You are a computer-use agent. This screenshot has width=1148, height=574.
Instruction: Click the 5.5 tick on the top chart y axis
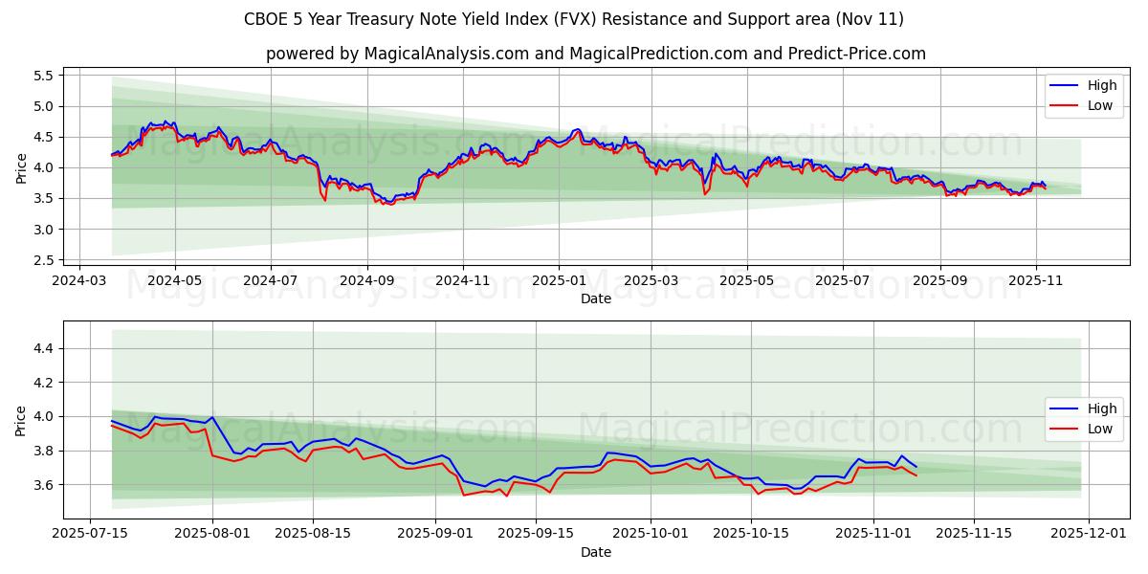[x=41, y=76]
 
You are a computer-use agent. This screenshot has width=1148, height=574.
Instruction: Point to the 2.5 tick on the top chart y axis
[x=41, y=260]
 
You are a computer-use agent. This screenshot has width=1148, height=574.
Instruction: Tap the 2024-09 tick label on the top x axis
[x=367, y=282]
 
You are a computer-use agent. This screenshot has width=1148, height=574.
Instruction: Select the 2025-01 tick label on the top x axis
[x=559, y=282]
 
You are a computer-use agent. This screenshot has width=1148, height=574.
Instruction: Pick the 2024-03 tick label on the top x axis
[x=78, y=282]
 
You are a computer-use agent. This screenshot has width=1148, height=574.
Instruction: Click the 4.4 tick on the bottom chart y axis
[x=41, y=348]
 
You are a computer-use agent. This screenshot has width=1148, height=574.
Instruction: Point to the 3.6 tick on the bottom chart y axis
[x=41, y=485]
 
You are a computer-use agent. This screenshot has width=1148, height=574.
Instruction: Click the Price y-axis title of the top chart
[x=21, y=167]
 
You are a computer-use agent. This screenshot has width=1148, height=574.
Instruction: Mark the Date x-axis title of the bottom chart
[x=596, y=552]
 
